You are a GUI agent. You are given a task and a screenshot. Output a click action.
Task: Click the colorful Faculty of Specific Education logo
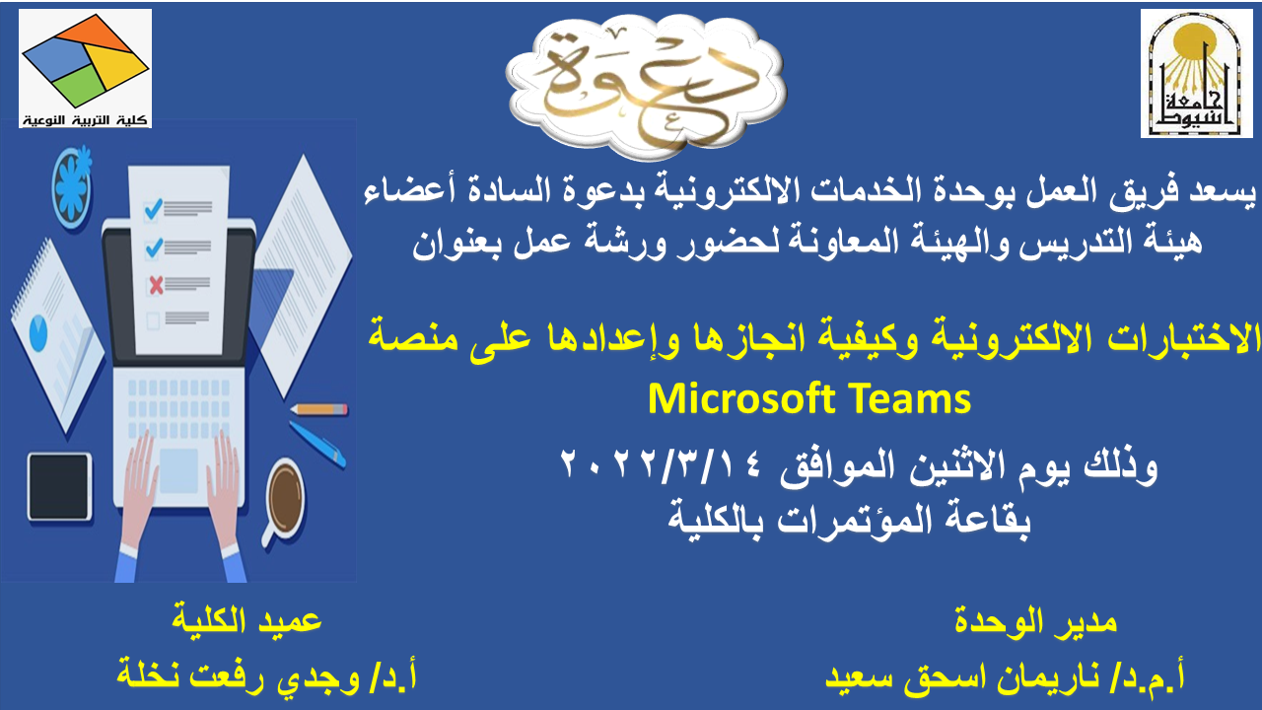coord(85,68)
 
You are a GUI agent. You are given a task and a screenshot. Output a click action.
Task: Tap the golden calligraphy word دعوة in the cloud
coord(646,85)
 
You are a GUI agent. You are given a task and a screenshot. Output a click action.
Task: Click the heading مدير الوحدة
coord(1035,622)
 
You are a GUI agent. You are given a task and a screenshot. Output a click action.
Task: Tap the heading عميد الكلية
coord(246,620)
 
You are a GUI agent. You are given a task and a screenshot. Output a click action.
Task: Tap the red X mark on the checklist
coord(156,285)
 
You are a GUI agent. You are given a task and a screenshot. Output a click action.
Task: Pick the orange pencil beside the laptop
coord(319,409)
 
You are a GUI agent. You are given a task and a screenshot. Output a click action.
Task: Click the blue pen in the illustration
coord(317,444)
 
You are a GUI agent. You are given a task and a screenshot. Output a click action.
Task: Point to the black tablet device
coord(60,486)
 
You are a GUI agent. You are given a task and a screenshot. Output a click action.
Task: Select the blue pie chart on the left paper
coord(38,333)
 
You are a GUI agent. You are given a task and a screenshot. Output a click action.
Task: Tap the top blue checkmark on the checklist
coord(154,209)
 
